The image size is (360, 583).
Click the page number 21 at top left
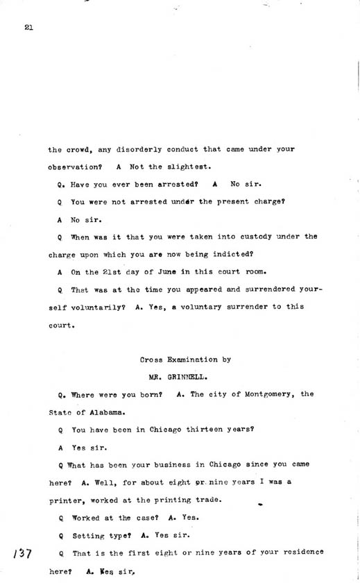pos(28,28)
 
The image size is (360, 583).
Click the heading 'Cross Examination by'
pos(185,360)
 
